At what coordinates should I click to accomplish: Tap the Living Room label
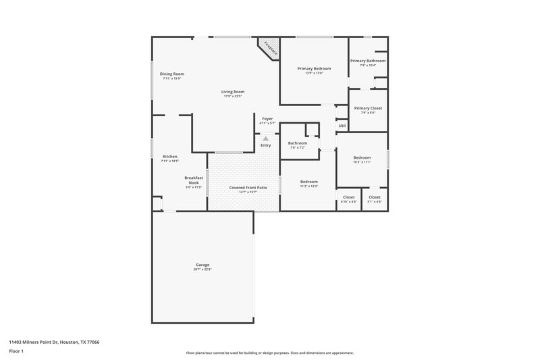tap(233, 92)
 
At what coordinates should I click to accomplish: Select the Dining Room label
tap(172, 74)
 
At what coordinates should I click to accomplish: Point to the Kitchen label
tap(169, 156)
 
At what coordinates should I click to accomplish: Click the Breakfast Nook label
tap(194, 180)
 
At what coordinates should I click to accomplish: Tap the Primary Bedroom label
tap(314, 68)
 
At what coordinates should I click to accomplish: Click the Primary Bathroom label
tap(368, 61)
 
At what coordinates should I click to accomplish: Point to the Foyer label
tap(267, 118)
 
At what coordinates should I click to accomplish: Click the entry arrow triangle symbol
tap(266, 138)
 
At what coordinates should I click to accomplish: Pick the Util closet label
tap(342, 126)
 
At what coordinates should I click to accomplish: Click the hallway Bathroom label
tap(298, 143)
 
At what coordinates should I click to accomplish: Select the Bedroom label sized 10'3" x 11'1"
tap(362, 157)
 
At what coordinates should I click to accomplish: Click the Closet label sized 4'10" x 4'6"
tap(348, 197)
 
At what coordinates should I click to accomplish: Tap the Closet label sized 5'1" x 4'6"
tap(375, 197)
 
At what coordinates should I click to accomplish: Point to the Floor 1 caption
tap(16, 351)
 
